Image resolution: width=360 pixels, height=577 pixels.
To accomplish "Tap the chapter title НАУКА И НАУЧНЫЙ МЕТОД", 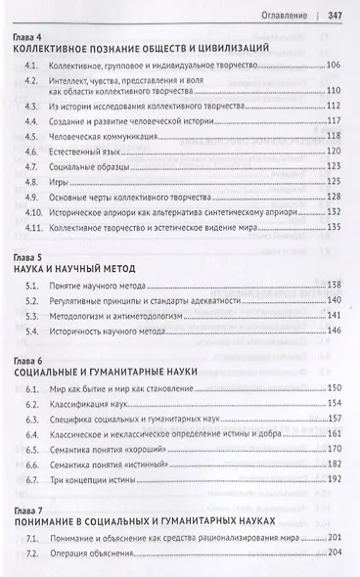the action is [89, 267].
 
